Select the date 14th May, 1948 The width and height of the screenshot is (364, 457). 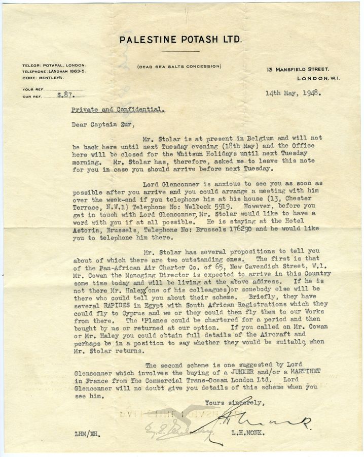(293, 93)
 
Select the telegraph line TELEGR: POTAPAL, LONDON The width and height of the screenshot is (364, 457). (54, 66)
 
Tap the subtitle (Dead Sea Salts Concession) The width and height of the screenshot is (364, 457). (179, 66)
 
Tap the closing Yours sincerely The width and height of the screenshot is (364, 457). (235, 403)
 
